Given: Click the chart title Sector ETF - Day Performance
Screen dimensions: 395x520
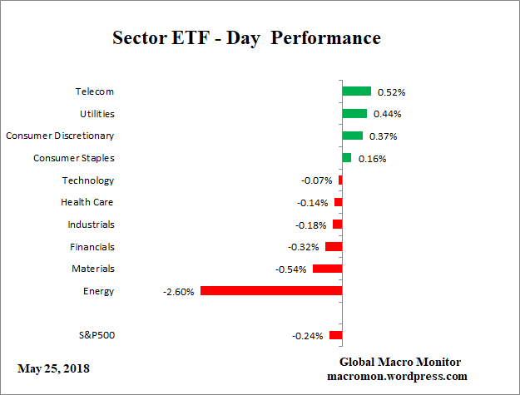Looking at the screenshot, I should [246, 38].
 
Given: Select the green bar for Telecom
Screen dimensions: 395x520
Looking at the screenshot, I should [356, 91].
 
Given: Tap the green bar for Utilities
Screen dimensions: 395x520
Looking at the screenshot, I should [354, 113].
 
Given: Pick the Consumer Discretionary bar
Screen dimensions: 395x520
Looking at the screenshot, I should [352, 136].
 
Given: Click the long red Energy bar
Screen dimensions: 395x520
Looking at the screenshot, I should [271, 291].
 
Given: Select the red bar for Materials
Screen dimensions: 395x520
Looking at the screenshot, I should [327, 269].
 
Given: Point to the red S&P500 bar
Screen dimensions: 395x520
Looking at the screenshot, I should [335, 335].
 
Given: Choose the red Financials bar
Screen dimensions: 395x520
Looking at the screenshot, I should [334, 246].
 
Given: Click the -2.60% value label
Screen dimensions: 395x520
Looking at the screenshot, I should [179, 292].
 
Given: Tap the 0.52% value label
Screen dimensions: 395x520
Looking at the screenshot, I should [391, 92].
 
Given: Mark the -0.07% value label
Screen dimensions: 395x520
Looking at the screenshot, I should [317, 180].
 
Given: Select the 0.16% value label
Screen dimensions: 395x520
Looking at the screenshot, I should [373, 159].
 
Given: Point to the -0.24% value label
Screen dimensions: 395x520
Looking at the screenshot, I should [308, 336].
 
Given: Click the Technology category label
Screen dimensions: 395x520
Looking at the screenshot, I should [88, 180].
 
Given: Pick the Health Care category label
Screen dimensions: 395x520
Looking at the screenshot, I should [87, 202].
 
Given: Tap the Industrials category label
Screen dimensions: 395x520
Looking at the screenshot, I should [91, 225].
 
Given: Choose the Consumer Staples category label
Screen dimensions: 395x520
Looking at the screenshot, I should [74, 158].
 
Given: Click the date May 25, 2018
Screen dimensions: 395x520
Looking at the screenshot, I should [53, 368].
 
